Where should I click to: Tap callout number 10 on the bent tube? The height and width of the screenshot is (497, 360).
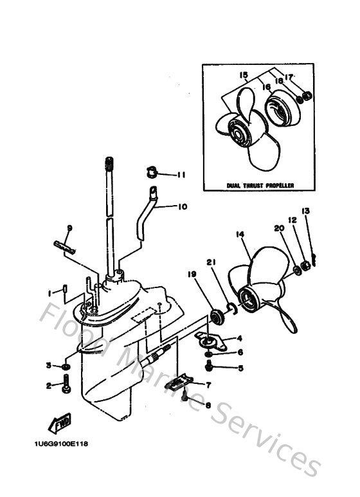point(182,207)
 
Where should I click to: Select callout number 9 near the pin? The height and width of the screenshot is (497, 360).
point(69,228)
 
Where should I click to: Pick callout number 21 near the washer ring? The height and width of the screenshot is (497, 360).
point(210,262)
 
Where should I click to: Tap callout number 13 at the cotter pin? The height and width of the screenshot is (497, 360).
point(305,211)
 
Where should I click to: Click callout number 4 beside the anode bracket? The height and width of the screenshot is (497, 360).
point(239,338)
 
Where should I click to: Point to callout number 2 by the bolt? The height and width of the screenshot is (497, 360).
point(48,386)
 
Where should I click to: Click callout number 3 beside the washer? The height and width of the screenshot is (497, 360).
point(48,366)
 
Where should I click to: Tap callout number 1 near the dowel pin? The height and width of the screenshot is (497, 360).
point(49,293)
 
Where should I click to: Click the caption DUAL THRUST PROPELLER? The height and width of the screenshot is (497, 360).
point(260,185)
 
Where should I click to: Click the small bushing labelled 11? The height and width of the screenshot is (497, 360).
point(152,172)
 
